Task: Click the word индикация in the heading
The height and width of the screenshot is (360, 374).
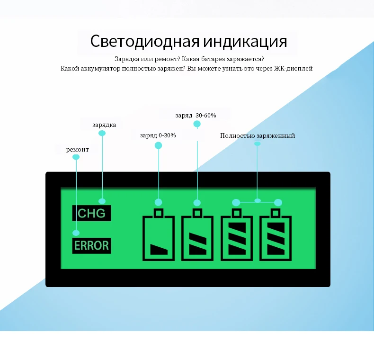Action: click(x=245, y=41)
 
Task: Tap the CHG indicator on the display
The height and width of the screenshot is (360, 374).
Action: click(x=92, y=213)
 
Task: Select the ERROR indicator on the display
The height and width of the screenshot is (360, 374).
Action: click(x=92, y=246)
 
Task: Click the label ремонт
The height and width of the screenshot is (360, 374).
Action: click(x=77, y=149)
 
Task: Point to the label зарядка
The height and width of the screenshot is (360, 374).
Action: click(x=104, y=125)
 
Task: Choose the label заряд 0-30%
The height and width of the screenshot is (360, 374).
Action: click(x=158, y=135)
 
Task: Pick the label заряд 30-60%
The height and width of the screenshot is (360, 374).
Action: click(x=196, y=115)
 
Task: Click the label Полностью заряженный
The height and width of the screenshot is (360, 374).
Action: click(x=258, y=135)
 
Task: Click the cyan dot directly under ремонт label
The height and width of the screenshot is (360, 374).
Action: click(x=76, y=157)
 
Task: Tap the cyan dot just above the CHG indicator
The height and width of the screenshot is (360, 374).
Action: click(x=102, y=201)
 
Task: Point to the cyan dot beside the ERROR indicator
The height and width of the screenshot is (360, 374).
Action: click(x=76, y=233)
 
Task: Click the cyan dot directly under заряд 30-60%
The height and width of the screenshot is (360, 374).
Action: click(x=197, y=124)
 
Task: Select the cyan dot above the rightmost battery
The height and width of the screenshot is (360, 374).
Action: click(x=278, y=202)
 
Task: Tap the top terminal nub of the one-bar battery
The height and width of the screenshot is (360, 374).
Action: click(x=159, y=212)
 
